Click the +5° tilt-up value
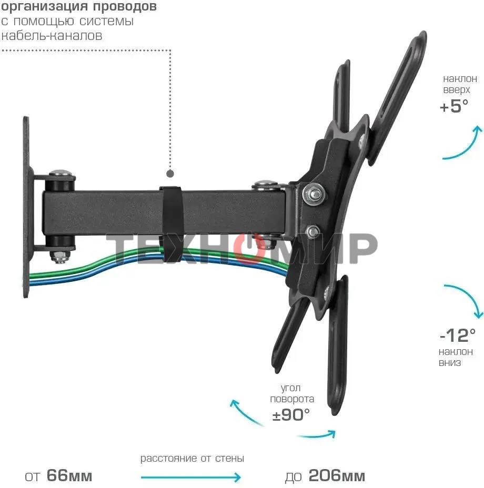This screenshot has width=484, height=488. pos(453,106)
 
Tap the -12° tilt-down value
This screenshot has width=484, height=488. pos(457,334)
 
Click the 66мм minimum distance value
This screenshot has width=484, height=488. pos(69,476)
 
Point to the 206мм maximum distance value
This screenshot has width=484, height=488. pos(337,476)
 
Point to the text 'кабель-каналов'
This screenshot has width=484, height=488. pos(52,36)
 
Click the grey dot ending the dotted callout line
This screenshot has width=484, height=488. pos(170,173)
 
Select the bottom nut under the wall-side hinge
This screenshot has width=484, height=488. pos(59,257)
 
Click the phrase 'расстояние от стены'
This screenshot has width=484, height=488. pos(192,459)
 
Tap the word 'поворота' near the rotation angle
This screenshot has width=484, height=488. pos(292,399)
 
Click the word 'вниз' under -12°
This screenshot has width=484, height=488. pos(450,363)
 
